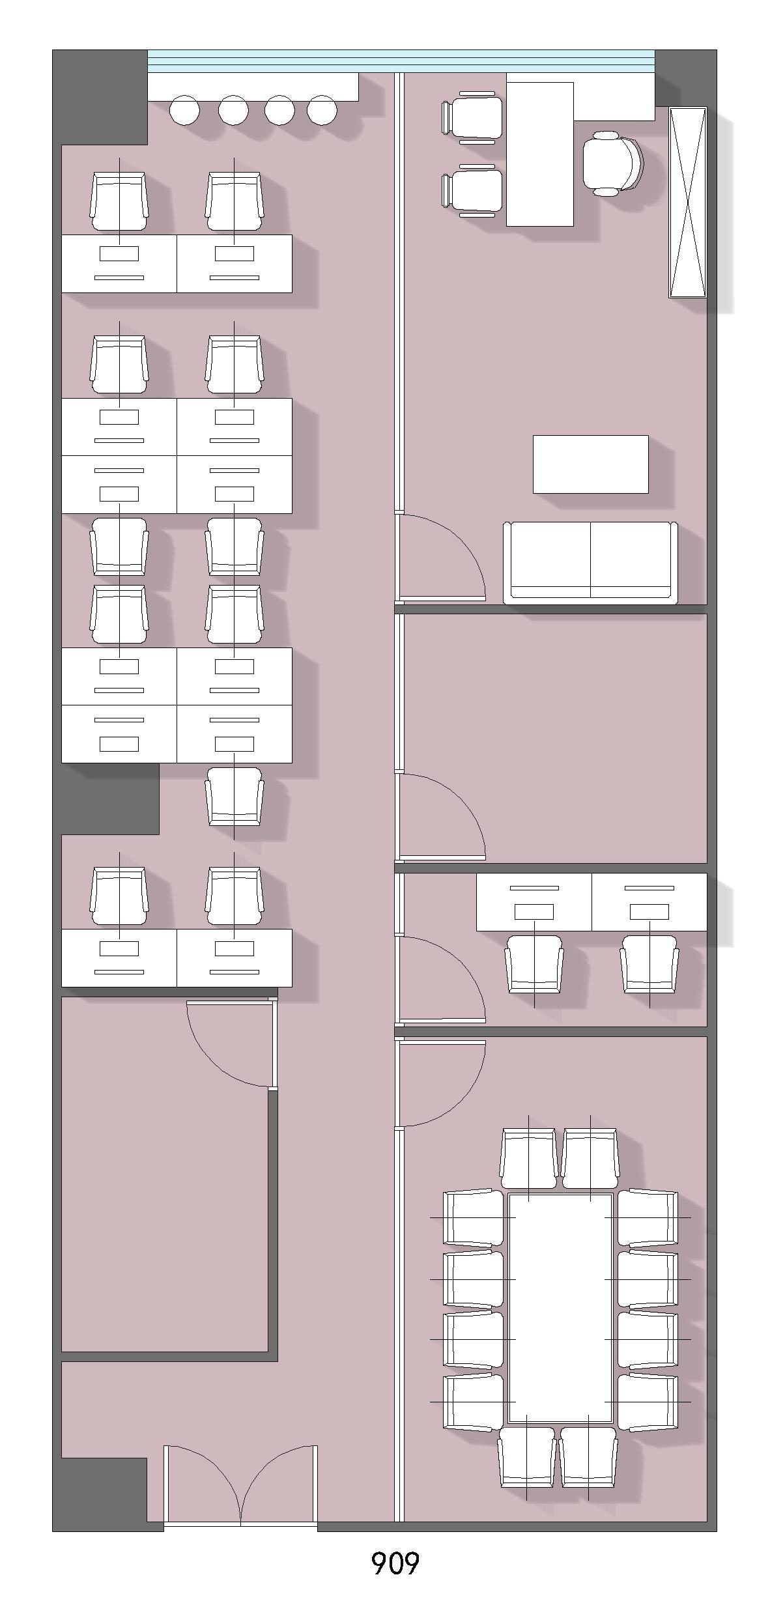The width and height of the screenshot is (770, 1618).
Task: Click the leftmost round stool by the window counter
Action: (x=184, y=110)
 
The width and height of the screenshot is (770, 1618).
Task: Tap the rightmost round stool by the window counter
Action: (x=322, y=110)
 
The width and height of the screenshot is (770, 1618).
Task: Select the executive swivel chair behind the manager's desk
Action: (x=612, y=163)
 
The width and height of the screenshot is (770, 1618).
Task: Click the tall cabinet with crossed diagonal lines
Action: (x=688, y=202)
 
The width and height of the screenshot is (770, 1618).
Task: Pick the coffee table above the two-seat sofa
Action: (x=590, y=464)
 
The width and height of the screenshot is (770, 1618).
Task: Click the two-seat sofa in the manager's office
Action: (x=590, y=562)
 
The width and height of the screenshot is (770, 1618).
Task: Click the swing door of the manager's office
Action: (x=440, y=557)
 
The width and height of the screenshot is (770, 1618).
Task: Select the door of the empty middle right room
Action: (x=440, y=816)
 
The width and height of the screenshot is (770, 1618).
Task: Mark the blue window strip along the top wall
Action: (x=401, y=61)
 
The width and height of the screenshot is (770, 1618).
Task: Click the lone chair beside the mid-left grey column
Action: (x=235, y=796)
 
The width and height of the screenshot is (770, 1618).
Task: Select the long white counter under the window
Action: (x=253, y=87)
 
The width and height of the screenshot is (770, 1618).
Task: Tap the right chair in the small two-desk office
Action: (x=649, y=965)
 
